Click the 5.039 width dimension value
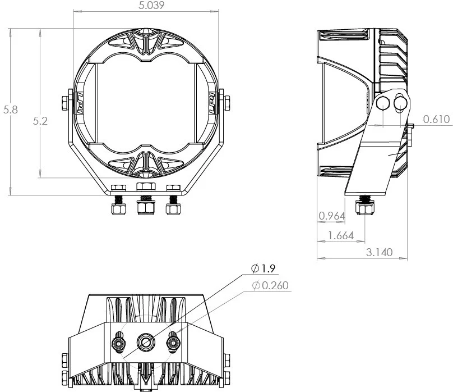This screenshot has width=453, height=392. pos(146,6)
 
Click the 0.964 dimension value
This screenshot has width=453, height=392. pos(330,216)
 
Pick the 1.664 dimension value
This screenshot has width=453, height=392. pos(340,236)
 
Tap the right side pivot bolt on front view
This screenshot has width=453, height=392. pos(226,103)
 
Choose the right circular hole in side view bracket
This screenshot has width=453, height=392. pos(400,102)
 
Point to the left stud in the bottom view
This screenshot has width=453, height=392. pos(119,341)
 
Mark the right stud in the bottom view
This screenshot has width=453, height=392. pos(173,341)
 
